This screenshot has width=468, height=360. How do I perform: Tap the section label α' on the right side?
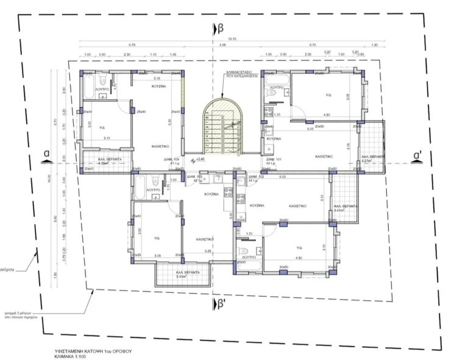(417, 155)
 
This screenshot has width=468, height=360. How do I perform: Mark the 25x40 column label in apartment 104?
(141, 111)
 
